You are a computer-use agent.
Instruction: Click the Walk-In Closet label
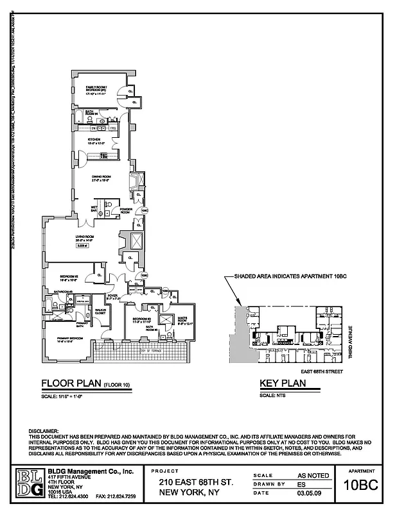pyautogui.click(x=100, y=312)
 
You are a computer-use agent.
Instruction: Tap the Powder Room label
pyautogui.click(x=126, y=211)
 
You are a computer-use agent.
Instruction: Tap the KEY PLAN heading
pyautogui.click(x=282, y=385)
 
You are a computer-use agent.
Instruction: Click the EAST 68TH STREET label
pyautogui.click(x=321, y=371)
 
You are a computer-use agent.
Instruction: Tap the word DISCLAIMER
pyautogui.click(x=44, y=430)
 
